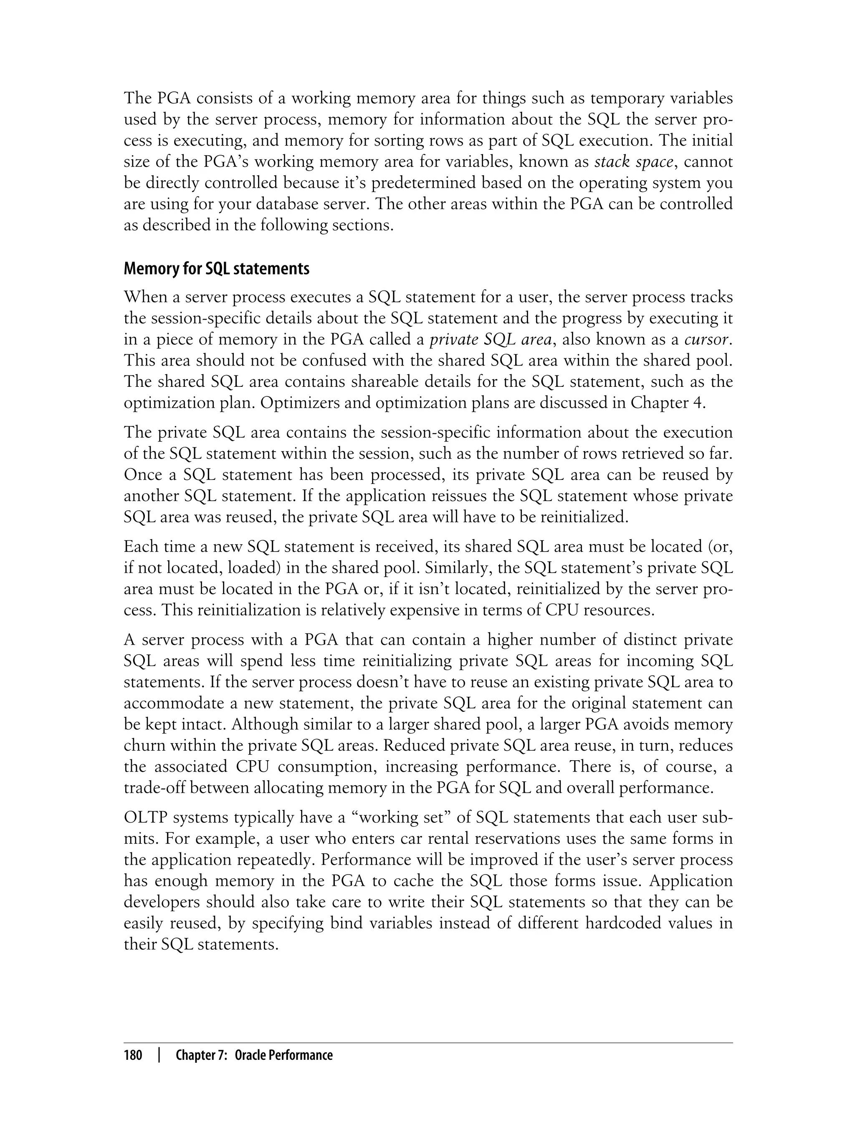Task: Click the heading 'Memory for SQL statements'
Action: (216, 269)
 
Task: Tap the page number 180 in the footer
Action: (133, 1055)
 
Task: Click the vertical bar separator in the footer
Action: (159, 1055)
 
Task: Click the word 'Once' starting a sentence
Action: (144, 474)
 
